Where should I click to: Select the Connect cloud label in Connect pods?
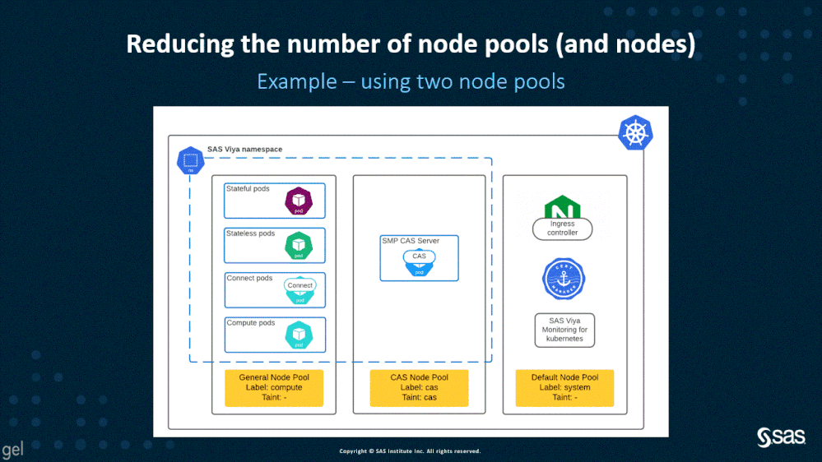300,285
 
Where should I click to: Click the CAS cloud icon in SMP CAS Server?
420,256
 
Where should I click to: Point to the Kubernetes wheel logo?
635,132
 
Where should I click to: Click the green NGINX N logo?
563,207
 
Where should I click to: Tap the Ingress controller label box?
563,229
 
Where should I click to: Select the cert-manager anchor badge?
563,279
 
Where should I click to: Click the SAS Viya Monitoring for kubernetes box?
564,330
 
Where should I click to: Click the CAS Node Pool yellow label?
419,387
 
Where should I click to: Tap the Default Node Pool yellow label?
564,387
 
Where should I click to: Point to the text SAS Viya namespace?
244,150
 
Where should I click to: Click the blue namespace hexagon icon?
190,161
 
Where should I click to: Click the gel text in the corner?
12,450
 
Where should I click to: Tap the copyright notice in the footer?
410,451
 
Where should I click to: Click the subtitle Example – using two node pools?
411,81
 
